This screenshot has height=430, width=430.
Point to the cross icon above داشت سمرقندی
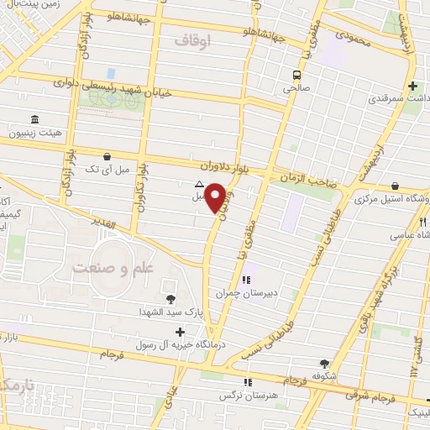412,87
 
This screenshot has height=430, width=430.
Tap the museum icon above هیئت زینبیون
34,120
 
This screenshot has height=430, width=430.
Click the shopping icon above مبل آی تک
107,156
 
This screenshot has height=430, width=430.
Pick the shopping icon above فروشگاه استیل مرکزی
395,187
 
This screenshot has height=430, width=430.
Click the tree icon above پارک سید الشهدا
171,298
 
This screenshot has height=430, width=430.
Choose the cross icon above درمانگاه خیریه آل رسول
179,333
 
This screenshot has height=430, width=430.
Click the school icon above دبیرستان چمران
247,281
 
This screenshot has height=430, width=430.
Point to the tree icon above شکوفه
324,364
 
